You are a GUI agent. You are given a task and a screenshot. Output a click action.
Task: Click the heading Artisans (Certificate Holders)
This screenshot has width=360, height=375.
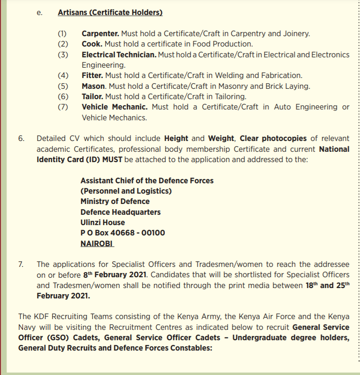[x=110, y=13]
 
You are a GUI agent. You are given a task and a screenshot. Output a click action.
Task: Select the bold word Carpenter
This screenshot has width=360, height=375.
[x=100, y=34]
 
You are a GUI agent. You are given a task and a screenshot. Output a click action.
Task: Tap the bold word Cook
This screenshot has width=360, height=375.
[x=92, y=44]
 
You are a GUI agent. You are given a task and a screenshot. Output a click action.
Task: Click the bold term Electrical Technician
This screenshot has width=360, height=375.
[x=119, y=55]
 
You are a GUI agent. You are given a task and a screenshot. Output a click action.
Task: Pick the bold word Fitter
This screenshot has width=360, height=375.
[x=92, y=75]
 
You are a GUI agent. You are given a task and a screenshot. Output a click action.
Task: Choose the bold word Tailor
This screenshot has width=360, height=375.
[x=92, y=96]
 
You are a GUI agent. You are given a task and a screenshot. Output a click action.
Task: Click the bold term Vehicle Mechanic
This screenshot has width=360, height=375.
[x=115, y=107]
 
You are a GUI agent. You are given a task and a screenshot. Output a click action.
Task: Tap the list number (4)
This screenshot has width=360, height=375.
[x=63, y=75]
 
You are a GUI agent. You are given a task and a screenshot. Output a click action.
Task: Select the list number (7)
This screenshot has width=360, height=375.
[x=63, y=107]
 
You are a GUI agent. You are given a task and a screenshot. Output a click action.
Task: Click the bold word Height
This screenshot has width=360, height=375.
[x=176, y=138]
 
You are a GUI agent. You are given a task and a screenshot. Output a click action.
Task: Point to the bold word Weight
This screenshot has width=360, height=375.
[x=221, y=138]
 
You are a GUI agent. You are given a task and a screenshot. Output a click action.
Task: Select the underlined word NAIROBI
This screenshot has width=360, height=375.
[x=97, y=243]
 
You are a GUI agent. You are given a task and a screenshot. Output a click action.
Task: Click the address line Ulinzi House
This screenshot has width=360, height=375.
[x=102, y=222]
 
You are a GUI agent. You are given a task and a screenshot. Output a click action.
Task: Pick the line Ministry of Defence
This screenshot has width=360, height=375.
[x=115, y=201]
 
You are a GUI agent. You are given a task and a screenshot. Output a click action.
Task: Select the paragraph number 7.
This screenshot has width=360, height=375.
[x=21, y=264]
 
